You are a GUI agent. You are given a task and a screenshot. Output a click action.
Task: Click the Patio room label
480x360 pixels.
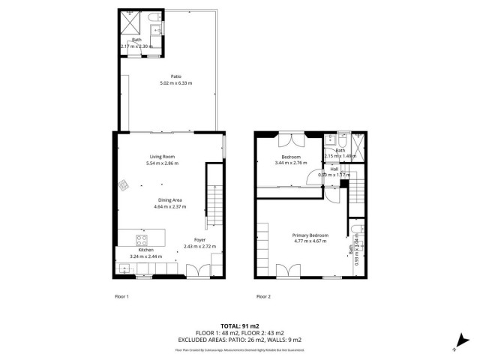pos(175,76)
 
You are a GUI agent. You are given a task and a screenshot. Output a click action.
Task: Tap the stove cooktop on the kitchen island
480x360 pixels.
pos(140,240)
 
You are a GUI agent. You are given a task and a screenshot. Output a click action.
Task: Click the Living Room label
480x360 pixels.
pos(162,156)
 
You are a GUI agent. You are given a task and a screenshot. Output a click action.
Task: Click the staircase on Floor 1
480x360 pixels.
pos(214,207)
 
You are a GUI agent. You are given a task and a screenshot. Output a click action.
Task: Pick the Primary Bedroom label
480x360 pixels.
pos(310,235)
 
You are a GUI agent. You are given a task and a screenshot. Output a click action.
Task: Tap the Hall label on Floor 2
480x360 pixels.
pos(334,169)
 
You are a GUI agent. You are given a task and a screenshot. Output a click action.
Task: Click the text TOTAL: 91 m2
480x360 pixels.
pos(239,325)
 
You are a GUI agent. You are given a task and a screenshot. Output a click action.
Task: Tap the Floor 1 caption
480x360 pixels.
pos(121,296)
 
